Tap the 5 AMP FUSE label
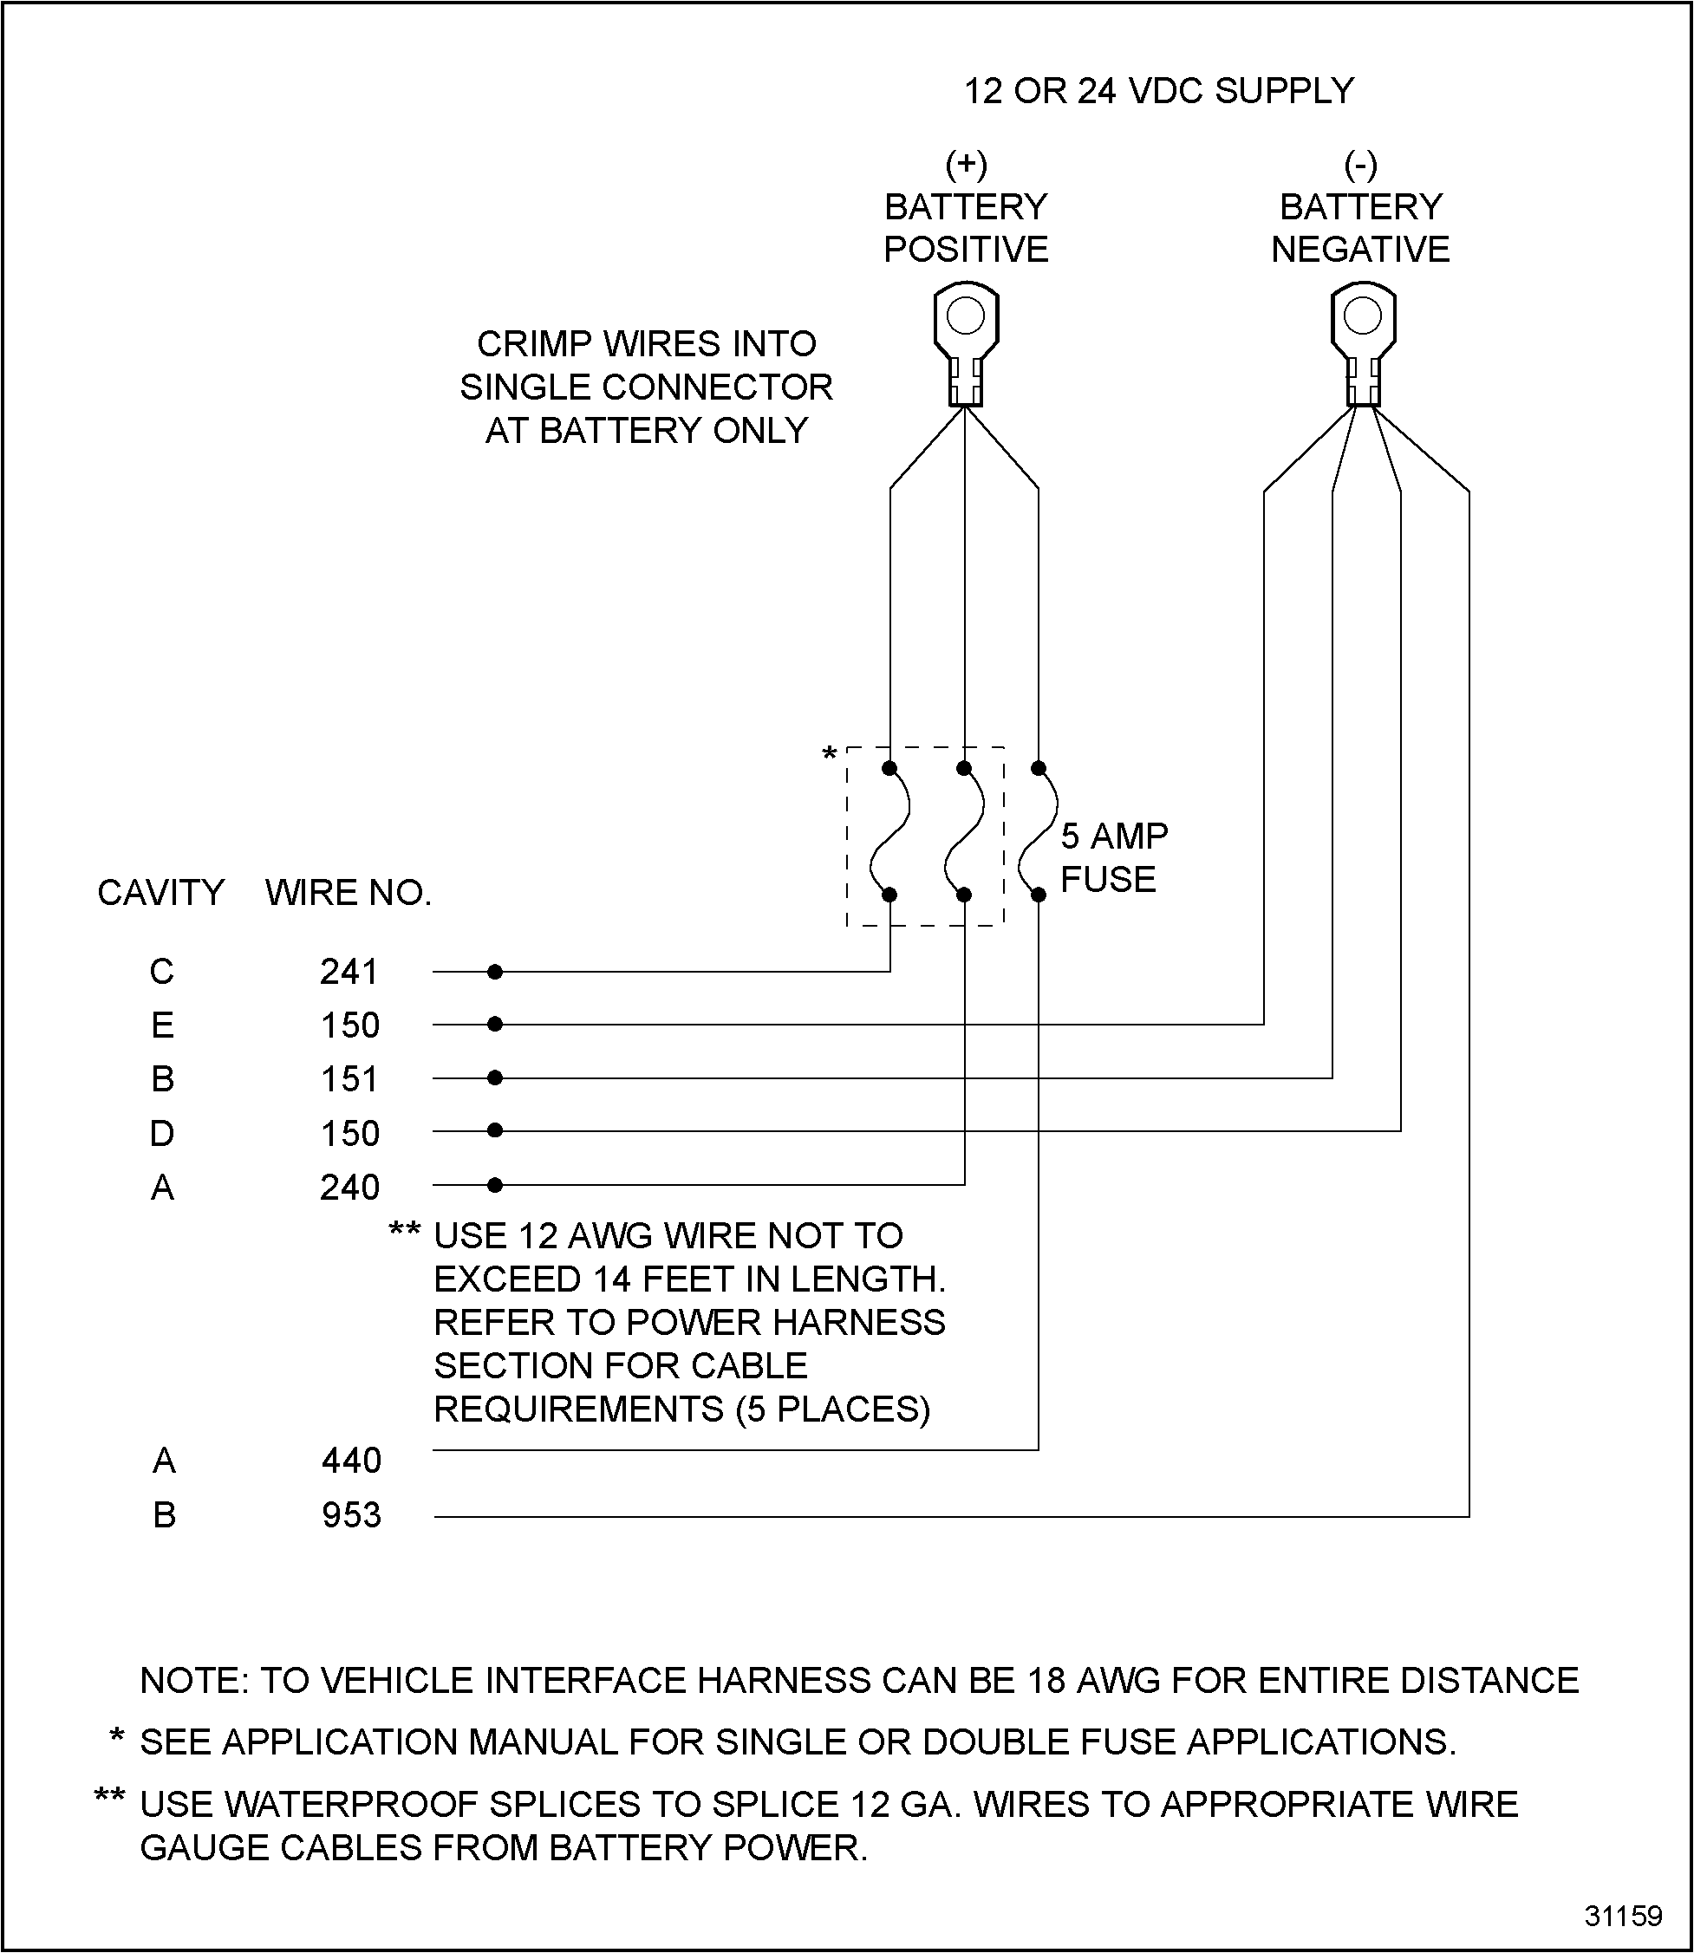[1112, 857]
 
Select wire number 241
[349, 972]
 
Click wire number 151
[349, 1078]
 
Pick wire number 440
[351, 1461]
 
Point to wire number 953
[351, 1515]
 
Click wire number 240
[349, 1188]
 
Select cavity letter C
[161, 972]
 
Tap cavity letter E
[161, 1025]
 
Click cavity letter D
[161, 1132]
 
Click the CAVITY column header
[160, 892]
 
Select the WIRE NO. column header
[348, 892]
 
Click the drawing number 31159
[1623, 1915]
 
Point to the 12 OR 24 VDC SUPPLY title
[1158, 91]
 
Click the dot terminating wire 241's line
[494, 972]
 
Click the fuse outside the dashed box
[1038, 832]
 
